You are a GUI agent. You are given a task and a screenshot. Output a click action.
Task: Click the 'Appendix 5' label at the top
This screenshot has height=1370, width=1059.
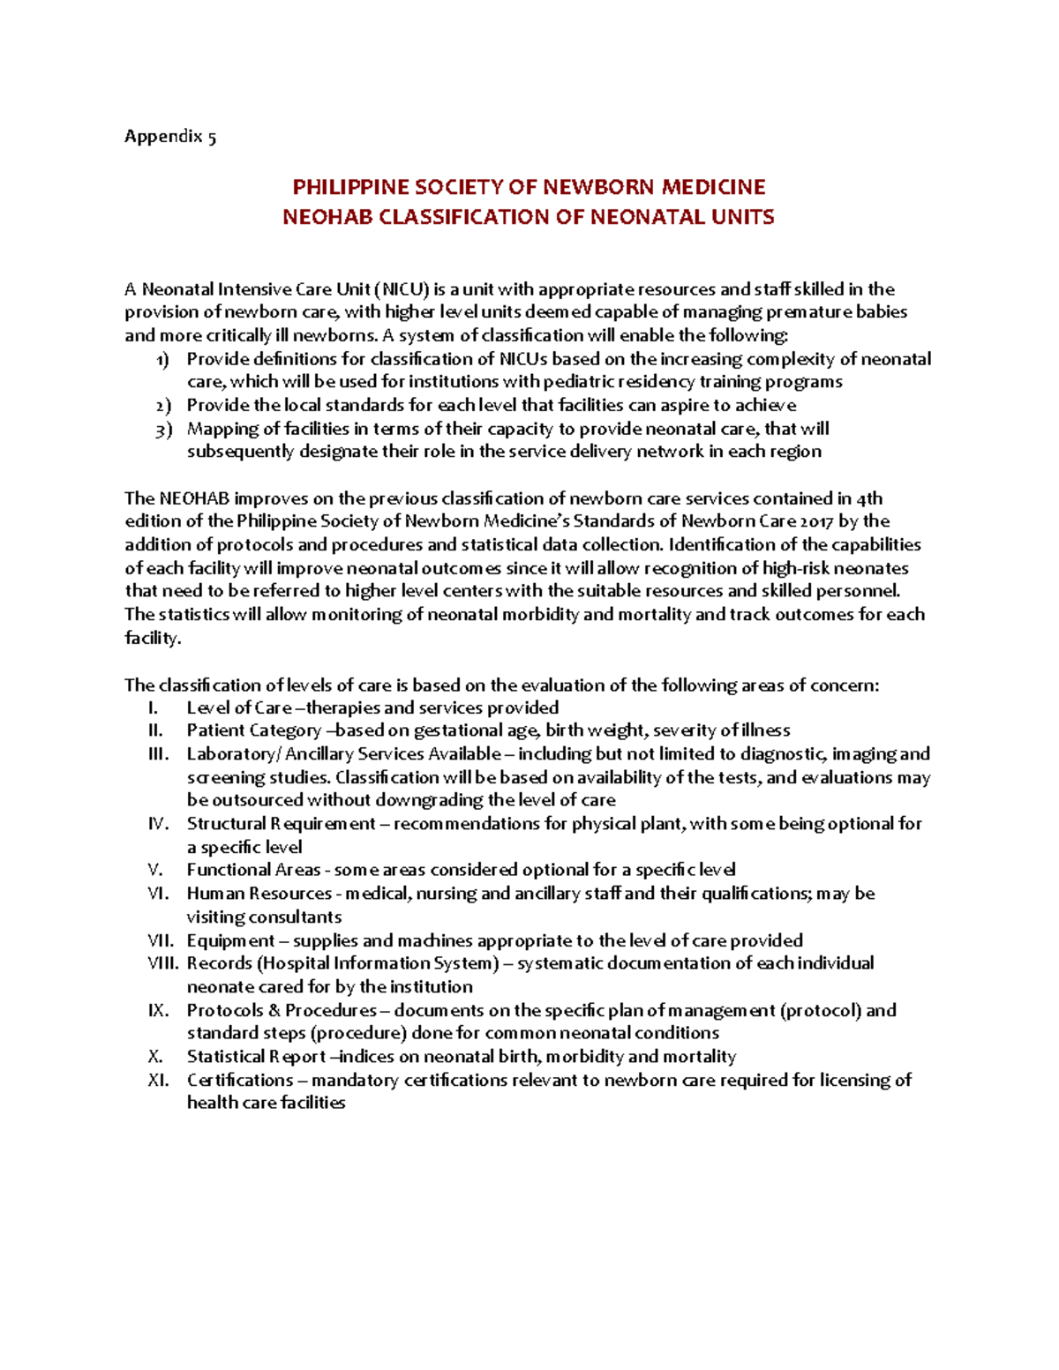pos(169,137)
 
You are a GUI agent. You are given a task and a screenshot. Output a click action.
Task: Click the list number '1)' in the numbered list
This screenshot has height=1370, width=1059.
pos(162,360)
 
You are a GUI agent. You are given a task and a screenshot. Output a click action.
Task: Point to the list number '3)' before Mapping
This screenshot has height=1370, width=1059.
pos(162,430)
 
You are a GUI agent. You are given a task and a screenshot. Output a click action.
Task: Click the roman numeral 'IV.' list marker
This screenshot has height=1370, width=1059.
pos(158,824)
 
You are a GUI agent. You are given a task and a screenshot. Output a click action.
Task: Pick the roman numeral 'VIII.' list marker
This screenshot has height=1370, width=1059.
pos(163,963)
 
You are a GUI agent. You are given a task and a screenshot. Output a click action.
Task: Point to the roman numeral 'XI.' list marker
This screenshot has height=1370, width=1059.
pos(158,1080)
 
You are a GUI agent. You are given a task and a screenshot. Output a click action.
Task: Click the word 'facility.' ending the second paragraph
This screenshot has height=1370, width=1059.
pos(153,638)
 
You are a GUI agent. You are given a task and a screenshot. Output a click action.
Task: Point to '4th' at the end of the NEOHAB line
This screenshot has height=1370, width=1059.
pos(869,498)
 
